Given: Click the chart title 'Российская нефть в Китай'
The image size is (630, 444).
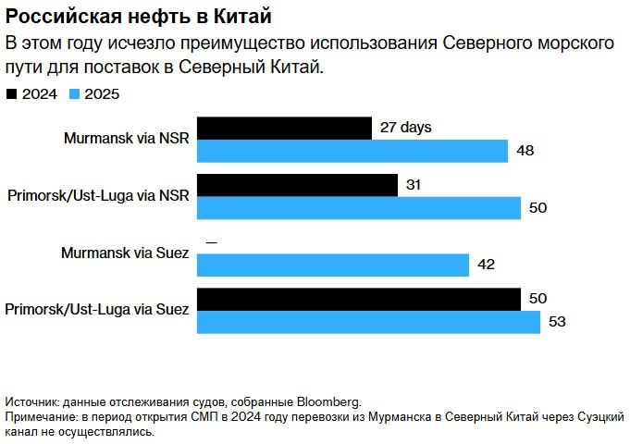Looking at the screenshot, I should point(139,17).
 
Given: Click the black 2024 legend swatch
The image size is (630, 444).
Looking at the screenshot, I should point(11,93).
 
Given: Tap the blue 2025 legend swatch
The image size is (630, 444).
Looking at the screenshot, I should point(76,93).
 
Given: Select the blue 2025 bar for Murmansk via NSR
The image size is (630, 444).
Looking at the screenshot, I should point(352,150).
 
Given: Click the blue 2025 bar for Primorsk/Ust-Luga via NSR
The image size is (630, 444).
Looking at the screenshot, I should point(359,207).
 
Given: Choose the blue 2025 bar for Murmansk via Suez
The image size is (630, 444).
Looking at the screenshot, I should point(333,265).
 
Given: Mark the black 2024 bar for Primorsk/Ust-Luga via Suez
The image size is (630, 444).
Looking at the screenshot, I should point(359,299).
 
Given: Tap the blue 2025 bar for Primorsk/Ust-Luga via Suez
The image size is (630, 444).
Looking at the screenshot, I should point(369,322).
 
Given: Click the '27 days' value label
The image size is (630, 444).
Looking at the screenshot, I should point(406,129).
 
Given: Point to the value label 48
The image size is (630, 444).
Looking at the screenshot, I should point(525,151).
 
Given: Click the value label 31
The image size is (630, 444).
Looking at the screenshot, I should point(414,185).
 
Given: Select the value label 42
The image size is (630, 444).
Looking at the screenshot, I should point(486,265).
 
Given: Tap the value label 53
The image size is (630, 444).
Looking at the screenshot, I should point(556,322).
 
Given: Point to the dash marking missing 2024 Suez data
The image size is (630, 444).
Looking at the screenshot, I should point(212,242).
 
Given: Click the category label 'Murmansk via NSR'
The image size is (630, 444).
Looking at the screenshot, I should point(127,139).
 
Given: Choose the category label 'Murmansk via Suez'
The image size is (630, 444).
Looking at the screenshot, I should point(125,253).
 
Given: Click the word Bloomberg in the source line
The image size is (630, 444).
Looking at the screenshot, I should point(327,401).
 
